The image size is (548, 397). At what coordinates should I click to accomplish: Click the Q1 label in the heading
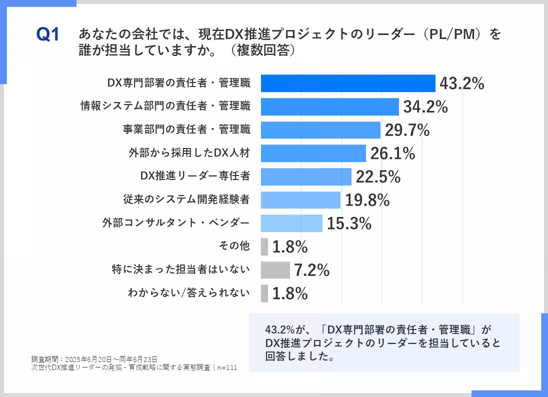tap(48, 35)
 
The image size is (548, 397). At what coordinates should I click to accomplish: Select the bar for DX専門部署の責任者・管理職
tap(348, 83)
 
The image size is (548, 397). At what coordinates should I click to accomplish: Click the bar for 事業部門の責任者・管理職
tap(320, 130)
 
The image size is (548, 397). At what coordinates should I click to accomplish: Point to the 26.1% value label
tap(392, 153)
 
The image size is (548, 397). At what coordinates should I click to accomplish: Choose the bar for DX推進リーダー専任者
tap(306, 176)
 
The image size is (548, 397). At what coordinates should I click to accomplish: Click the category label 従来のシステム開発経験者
tap(186, 199)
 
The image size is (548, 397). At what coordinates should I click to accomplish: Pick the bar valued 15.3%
tap(291, 223)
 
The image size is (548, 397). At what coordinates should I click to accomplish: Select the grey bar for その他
tap(264, 246)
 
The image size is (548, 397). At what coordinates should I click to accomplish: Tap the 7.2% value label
tap(311, 270)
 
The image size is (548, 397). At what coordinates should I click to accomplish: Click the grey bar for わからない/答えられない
tap(264, 293)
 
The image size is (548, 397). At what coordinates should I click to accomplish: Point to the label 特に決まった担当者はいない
tap(180, 270)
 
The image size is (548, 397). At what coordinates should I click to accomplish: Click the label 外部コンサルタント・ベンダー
tap(175, 223)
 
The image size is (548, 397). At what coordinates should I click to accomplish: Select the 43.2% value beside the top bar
tap(461, 84)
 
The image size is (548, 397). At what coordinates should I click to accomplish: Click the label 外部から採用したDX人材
tap(189, 153)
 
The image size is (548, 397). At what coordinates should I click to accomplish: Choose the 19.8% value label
tap(367, 200)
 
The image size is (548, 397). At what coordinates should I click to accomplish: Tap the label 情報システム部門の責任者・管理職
tap(165, 106)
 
